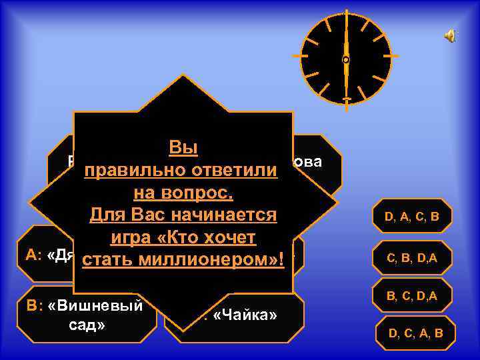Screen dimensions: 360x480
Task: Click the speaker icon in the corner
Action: click(451, 35)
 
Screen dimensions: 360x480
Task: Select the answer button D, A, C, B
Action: click(411, 216)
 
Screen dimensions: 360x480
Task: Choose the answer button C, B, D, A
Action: click(411, 257)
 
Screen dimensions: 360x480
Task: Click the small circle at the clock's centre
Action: click(345, 60)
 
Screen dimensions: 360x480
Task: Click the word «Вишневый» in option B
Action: click(95, 306)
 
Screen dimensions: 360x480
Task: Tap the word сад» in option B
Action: click(86, 327)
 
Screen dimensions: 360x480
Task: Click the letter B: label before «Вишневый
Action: click(35, 306)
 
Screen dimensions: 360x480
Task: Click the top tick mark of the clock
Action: click(345, 18)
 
